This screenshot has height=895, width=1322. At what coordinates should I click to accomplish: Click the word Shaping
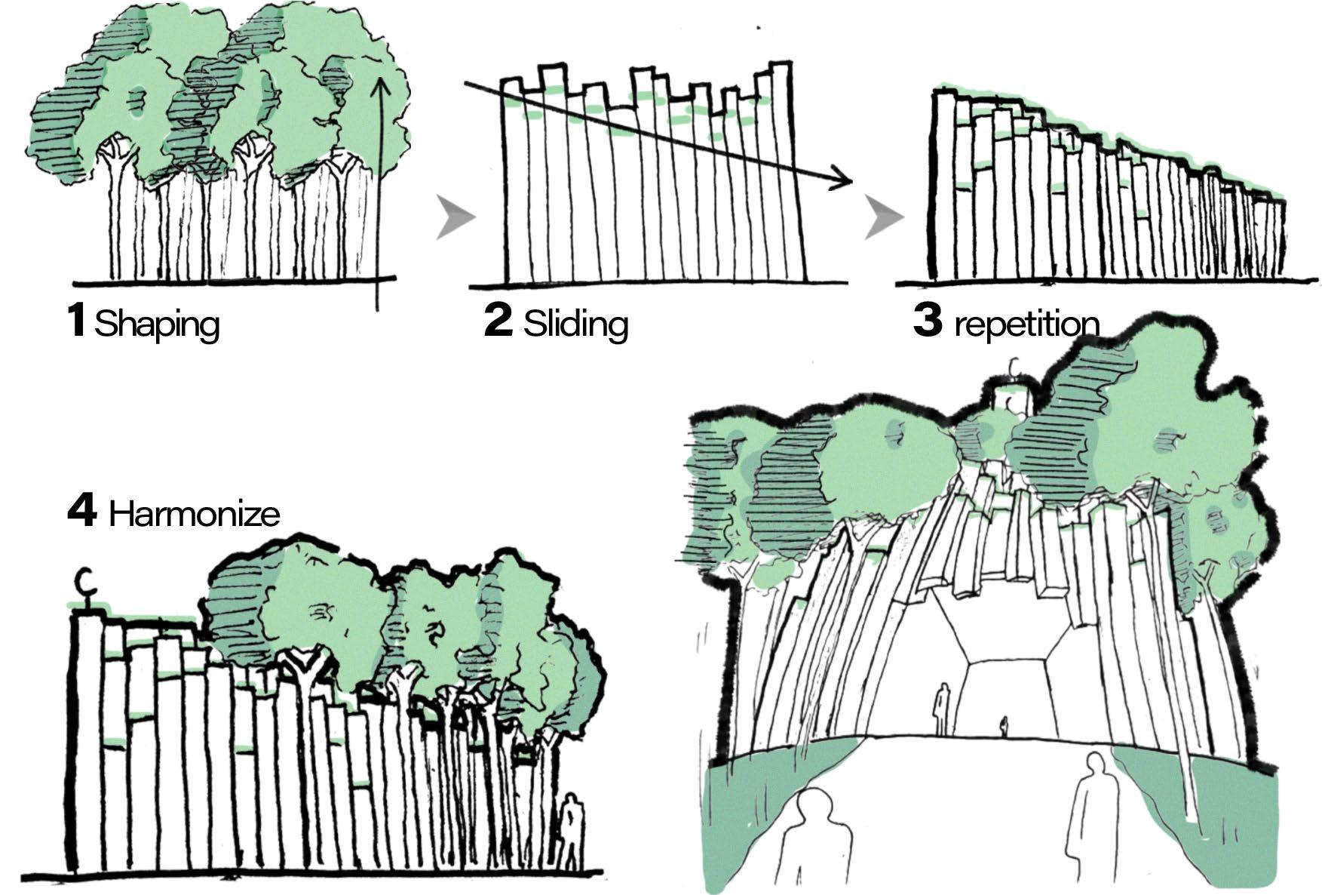[x=157, y=324]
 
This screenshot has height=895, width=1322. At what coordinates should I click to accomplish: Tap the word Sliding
[x=575, y=324]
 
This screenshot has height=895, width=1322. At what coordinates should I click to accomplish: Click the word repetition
[x=1026, y=324]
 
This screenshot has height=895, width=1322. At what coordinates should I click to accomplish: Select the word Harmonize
[x=195, y=515]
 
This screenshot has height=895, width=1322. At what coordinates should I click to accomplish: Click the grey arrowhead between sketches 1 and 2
[x=455, y=217]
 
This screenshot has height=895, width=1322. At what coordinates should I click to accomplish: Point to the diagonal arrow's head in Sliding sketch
[x=845, y=181]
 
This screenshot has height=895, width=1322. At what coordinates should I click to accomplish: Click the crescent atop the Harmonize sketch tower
[x=85, y=581]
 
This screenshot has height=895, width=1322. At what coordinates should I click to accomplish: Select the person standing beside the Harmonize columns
[x=573, y=830]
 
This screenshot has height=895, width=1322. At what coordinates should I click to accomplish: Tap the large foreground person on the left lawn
[x=814, y=838]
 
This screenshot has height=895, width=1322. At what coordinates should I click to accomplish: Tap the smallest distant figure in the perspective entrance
[x=1004, y=727]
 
